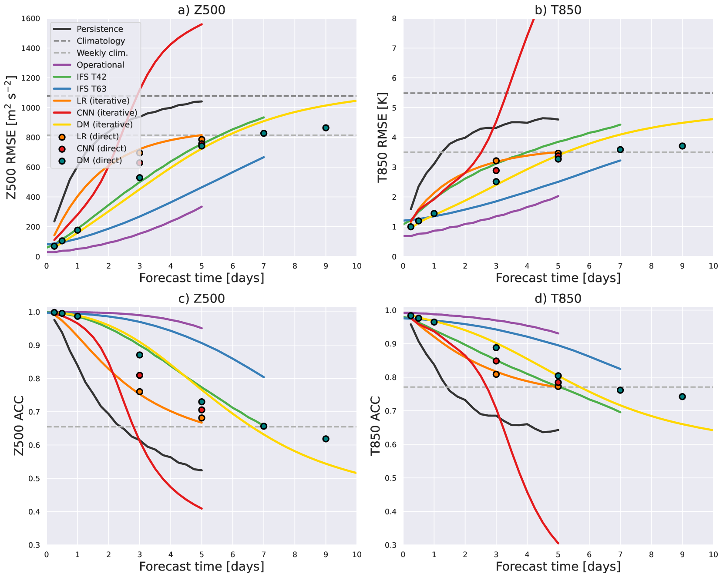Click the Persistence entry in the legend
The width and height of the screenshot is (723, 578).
(100, 29)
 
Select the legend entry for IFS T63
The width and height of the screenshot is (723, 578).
(91, 89)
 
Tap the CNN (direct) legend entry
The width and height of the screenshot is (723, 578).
(101, 148)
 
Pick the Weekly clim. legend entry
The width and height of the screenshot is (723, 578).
(102, 53)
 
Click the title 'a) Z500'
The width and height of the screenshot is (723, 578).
(202, 10)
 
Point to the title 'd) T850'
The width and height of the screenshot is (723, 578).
(558, 299)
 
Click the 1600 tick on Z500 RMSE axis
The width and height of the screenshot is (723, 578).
(30, 19)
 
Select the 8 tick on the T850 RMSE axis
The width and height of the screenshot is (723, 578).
(394, 19)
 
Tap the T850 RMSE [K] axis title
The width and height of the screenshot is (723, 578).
(383, 138)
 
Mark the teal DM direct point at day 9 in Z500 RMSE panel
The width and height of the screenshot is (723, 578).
(326, 128)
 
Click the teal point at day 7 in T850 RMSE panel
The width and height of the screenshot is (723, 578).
(620, 150)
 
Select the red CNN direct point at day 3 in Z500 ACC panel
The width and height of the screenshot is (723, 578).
(140, 375)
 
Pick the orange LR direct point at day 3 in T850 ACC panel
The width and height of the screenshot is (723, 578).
(496, 374)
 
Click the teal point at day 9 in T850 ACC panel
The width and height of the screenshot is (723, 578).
(682, 397)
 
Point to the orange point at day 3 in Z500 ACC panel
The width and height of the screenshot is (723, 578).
(140, 392)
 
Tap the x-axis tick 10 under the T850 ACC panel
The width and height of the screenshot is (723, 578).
(713, 554)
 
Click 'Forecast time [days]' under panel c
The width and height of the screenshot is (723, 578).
(202, 567)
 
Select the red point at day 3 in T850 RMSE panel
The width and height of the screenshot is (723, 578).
(496, 170)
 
